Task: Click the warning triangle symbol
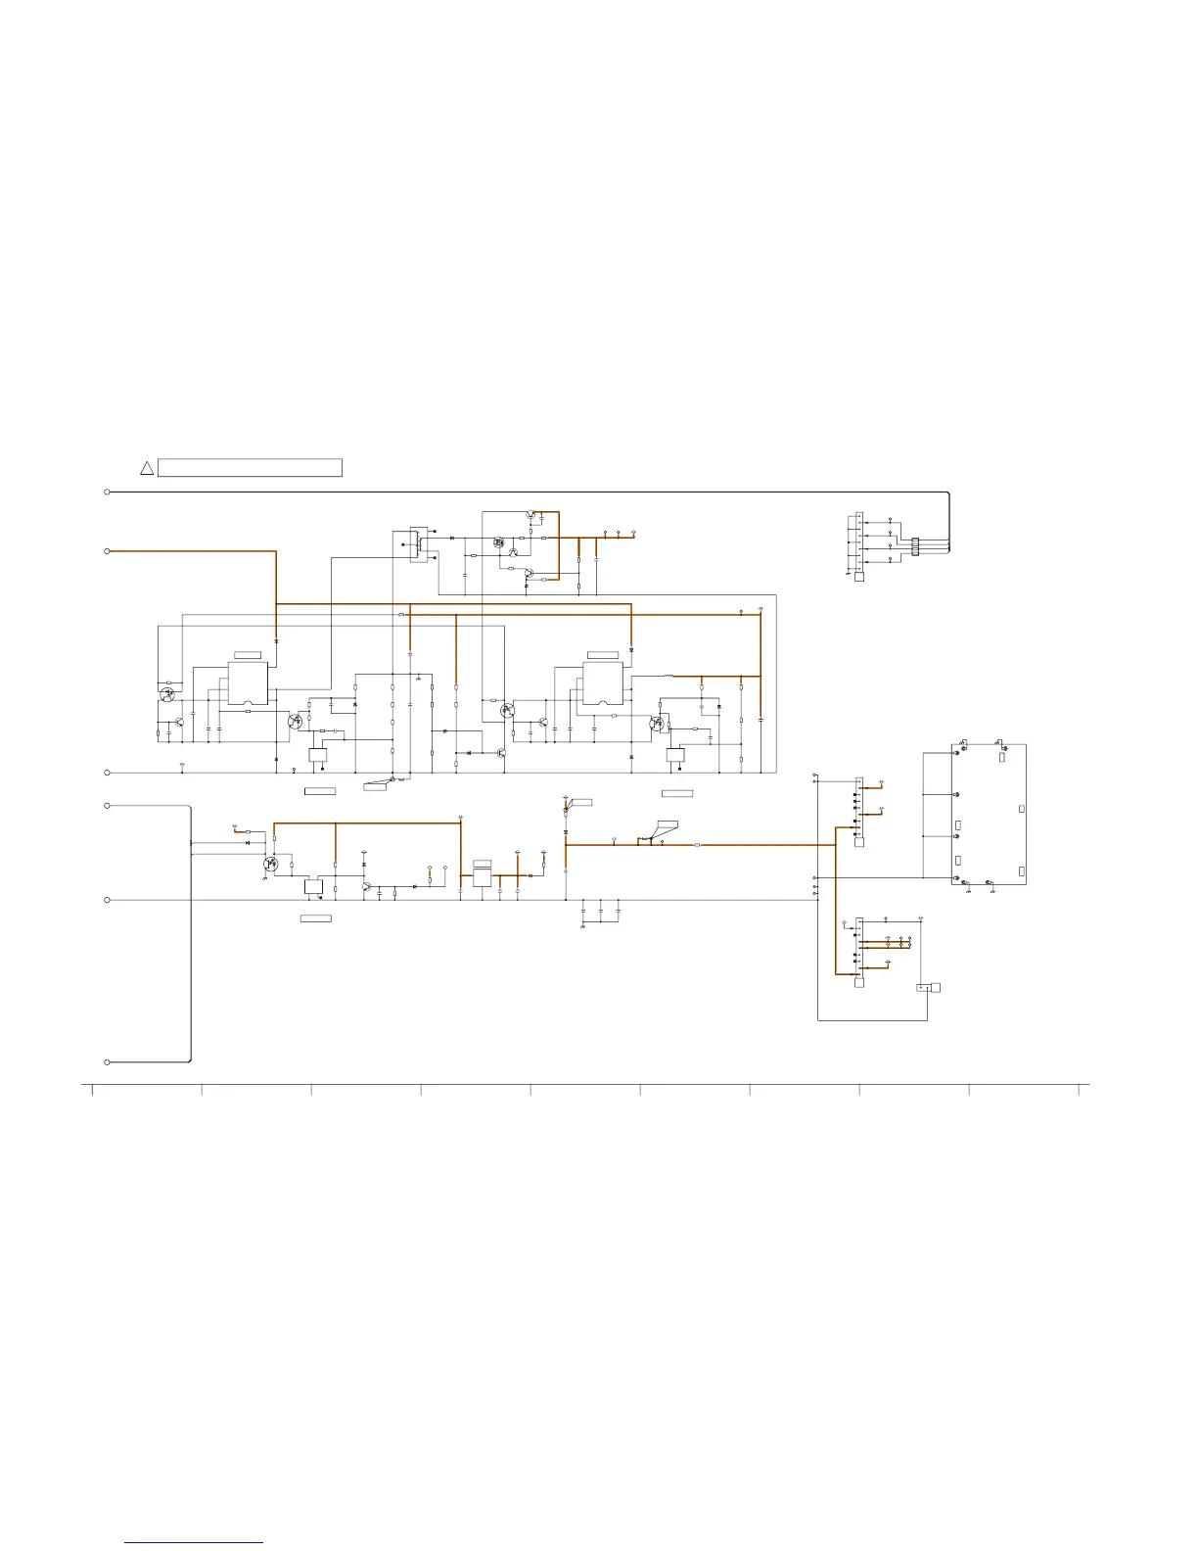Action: point(147,468)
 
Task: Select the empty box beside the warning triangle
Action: point(250,468)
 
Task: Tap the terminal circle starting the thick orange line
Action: point(107,551)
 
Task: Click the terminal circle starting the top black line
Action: point(107,492)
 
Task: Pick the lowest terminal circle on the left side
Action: point(107,1061)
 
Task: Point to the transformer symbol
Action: point(420,543)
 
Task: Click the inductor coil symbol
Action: point(668,676)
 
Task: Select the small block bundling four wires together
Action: point(915,546)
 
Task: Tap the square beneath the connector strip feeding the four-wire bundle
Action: point(859,577)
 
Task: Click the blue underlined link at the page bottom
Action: point(194,1542)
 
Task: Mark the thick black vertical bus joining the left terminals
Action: point(190,930)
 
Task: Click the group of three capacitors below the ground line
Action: point(601,911)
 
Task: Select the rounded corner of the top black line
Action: point(947,493)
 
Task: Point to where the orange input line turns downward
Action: point(276,552)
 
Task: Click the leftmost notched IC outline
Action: point(248,683)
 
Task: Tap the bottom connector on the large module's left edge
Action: point(955,878)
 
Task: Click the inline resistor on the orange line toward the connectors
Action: point(697,844)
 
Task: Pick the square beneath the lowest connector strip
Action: point(859,982)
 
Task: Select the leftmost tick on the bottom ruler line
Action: point(92,1089)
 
